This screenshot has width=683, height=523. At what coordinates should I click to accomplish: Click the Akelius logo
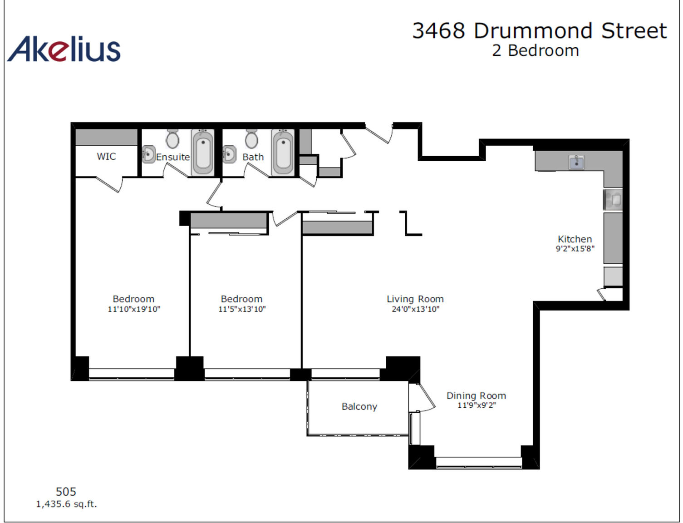point(64,49)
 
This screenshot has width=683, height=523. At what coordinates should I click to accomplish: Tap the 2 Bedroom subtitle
point(535,50)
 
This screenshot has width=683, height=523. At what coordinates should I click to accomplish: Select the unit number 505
point(66,492)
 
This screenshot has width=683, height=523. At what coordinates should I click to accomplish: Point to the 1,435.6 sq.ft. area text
point(67,504)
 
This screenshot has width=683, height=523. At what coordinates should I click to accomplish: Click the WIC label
point(106,156)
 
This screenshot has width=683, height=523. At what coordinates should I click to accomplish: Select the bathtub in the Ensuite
point(203,152)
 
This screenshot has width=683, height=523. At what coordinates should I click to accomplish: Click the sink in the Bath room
point(230,154)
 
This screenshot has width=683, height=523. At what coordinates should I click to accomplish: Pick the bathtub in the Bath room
point(283,152)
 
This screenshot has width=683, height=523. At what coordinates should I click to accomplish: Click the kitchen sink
point(577,162)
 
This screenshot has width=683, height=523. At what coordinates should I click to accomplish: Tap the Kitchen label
point(575,239)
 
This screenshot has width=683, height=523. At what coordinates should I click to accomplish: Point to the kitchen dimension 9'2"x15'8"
point(575,249)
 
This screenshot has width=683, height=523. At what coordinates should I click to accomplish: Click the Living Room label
point(415,299)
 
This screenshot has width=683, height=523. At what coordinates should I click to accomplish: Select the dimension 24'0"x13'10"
point(415,309)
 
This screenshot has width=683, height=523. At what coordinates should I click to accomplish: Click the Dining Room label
point(476,396)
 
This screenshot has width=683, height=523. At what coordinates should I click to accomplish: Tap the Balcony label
point(359,407)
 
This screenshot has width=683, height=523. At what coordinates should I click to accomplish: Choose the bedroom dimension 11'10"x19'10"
point(134,309)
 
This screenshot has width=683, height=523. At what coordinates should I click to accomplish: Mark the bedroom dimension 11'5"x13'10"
point(242,309)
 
